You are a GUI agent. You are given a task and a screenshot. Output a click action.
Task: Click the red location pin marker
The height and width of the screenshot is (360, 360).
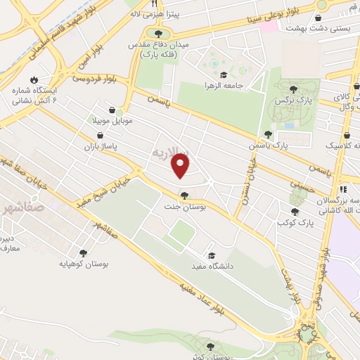click(181, 165)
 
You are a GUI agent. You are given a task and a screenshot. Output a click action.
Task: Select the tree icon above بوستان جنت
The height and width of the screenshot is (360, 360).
click(184, 195)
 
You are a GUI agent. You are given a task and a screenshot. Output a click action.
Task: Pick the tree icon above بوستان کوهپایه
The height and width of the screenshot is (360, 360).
click(83, 253)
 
